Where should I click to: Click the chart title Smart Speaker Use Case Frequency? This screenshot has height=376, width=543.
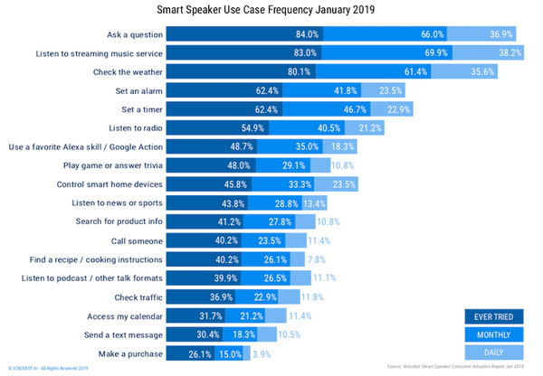pyautogui.click(x=271, y=11)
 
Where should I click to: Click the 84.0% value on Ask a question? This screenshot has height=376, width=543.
pyautogui.click(x=309, y=34)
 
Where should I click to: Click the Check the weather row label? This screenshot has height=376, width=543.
pyautogui.click(x=128, y=72)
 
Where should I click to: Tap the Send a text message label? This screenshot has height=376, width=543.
pyautogui.click(x=119, y=334)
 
